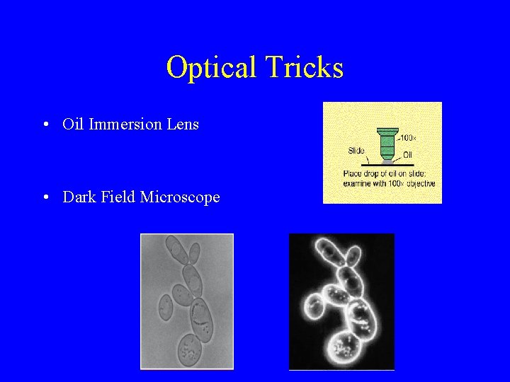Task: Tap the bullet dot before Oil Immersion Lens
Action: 45,125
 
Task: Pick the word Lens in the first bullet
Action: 183,125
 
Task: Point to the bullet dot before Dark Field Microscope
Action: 45,197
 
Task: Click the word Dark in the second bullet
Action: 78,197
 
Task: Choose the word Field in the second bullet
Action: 117,197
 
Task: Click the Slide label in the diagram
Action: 356,151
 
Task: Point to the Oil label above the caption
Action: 409,155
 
